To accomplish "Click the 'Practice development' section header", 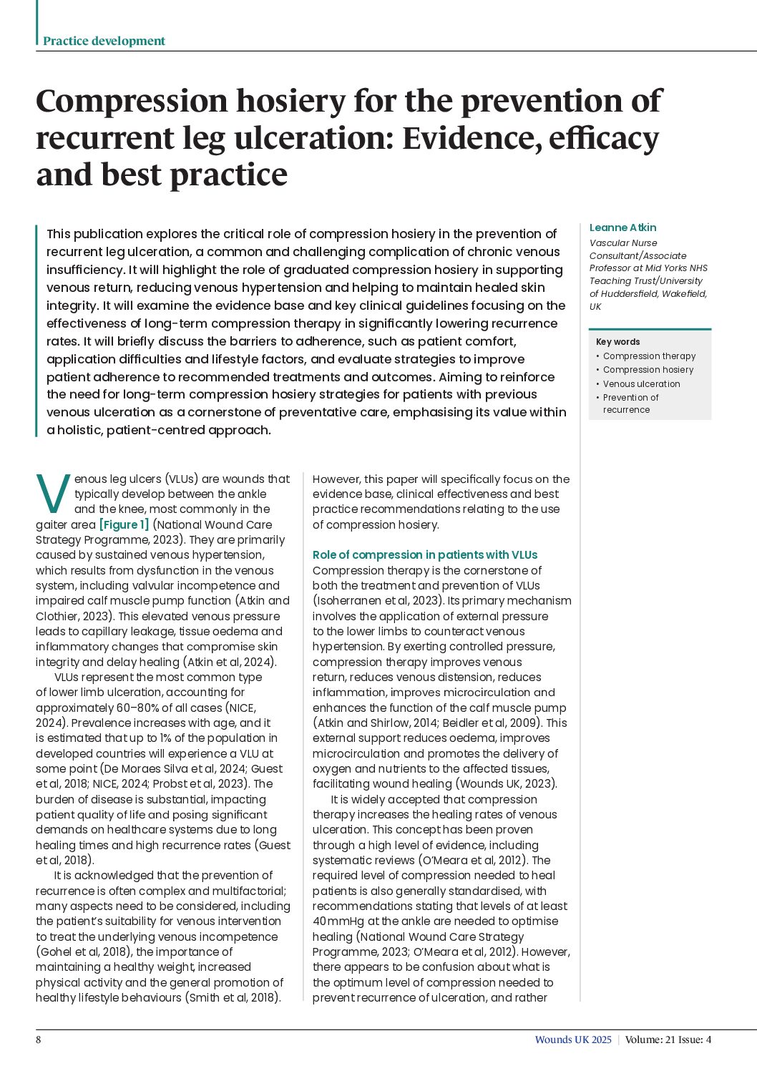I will coord(104,41).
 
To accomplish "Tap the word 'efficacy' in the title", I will coord(603,138).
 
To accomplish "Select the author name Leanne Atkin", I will coord(622,228).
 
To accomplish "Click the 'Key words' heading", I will coord(617,342).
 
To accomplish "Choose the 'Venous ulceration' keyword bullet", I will coord(641,384).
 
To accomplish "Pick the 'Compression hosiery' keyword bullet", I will coord(648,370).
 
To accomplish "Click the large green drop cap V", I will coord(52,494).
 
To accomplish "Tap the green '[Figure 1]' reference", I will coord(124,524).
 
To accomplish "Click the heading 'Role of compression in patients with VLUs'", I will coord(424,554).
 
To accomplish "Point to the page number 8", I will coord(39,1040).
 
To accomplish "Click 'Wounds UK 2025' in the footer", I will coord(572,1040).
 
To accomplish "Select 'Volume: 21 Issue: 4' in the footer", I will coord(668,1040).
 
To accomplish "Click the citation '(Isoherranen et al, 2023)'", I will coord(378,601).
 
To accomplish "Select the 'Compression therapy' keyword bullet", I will coord(649,356).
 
